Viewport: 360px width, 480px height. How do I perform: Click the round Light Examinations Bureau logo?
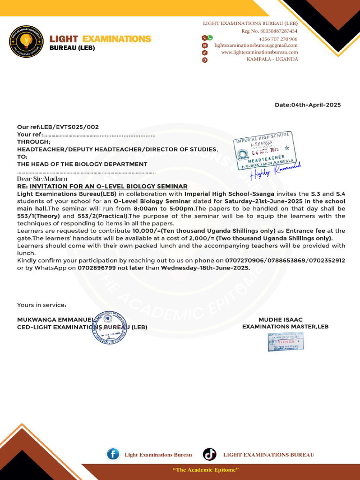[x=27, y=42]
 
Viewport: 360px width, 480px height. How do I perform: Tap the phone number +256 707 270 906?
[x=278, y=38]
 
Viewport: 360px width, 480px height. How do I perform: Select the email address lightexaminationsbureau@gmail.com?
[x=256, y=45]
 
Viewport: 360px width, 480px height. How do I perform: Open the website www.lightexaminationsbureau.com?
[x=259, y=52]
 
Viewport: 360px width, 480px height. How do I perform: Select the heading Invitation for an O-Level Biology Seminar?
[x=108, y=187]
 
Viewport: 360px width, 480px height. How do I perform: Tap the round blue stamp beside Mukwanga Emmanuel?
[x=110, y=327]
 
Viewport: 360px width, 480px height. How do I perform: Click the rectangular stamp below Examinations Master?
[x=285, y=341]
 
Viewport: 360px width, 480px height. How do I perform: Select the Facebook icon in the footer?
[x=113, y=454]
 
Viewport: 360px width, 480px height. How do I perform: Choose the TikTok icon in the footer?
[x=210, y=454]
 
